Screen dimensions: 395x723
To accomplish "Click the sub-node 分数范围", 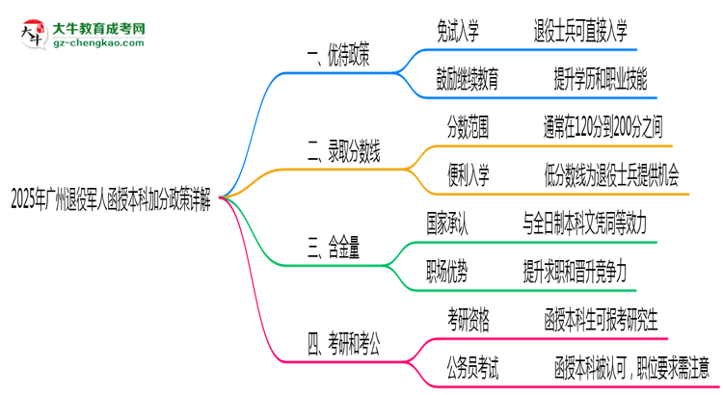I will click(x=467, y=126).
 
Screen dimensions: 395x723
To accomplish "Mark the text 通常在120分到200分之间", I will click(x=602, y=126).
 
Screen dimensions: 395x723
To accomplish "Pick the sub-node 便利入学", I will click(x=468, y=173).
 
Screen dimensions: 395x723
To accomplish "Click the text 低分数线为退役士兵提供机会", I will click(x=611, y=173).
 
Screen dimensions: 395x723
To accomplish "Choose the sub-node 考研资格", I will click(x=468, y=318).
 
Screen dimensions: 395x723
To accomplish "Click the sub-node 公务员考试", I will click(x=472, y=365).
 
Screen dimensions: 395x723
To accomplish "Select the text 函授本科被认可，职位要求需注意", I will click(x=631, y=365).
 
